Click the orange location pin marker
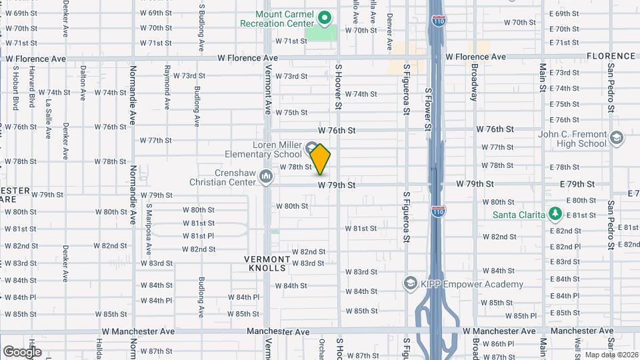(x=320, y=160)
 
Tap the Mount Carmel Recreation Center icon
(x=325, y=17)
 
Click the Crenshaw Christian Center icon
(x=266, y=177)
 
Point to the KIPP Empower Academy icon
(x=410, y=284)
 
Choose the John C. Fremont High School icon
(x=616, y=139)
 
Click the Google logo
(x=21, y=351)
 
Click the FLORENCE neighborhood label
(x=611, y=57)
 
